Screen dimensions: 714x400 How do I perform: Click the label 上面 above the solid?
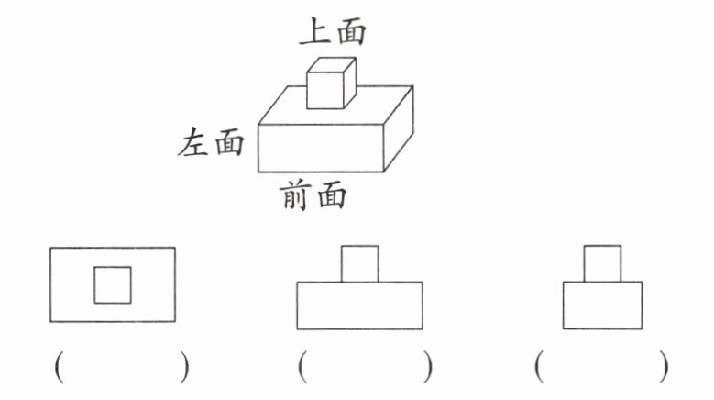click(333, 32)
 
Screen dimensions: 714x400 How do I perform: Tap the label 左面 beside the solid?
click(212, 143)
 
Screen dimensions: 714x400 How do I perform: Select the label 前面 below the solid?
click(313, 195)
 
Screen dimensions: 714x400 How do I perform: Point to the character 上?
click(315, 32)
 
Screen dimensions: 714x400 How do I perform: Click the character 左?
click(194, 143)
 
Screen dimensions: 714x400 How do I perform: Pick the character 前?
click(295, 195)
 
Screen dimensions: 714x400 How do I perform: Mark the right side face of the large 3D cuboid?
click(398, 128)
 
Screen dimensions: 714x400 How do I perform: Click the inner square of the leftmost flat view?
click(113, 284)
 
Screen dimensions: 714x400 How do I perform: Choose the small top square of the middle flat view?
click(359, 263)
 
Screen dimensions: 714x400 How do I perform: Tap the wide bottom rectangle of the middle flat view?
click(359, 305)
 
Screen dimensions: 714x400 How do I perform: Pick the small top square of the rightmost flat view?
click(602, 263)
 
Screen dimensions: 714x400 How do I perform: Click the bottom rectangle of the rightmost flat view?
click(602, 305)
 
